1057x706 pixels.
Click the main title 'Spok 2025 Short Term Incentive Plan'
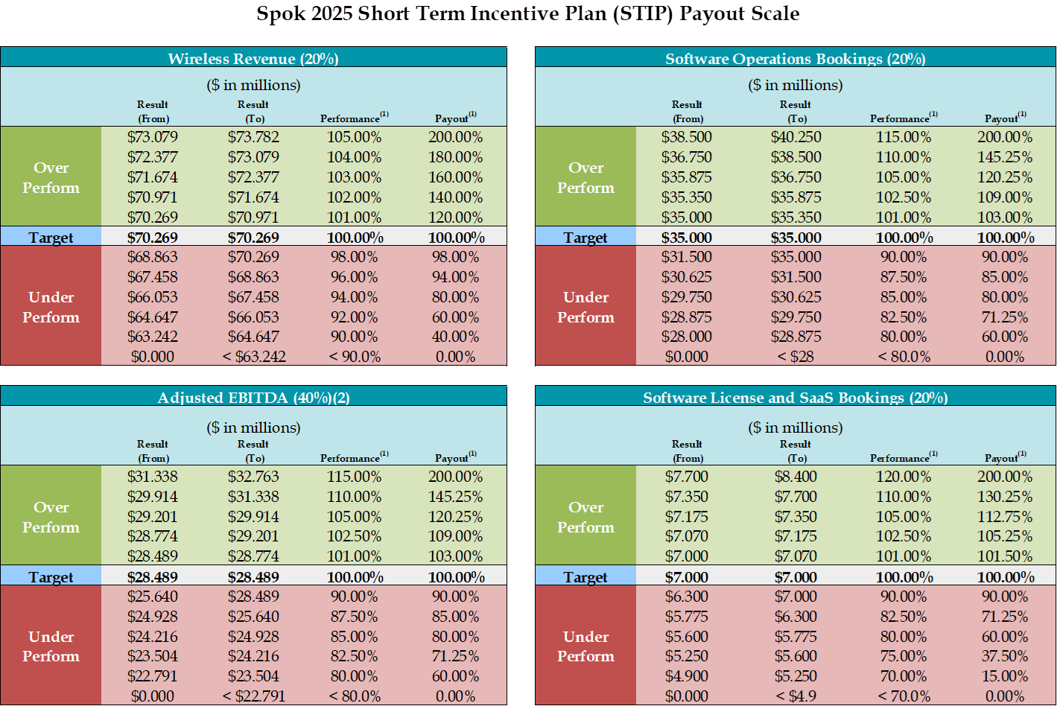pyautogui.click(x=528, y=14)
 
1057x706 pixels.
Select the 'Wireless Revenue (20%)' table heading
pyautogui.click(x=253, y=59)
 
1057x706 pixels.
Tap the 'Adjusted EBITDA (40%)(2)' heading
pyautogui.click(x=253, y=398)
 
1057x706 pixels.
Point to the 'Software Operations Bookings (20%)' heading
pyautogui.click(x=795, y=59)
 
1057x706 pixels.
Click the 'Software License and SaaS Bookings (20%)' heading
pyautogui.click(x=795, y=398)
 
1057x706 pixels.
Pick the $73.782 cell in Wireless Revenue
pyautogui.click(x=253, y=137)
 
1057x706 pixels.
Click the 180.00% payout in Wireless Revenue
pyautogui.click(x=455, y=157)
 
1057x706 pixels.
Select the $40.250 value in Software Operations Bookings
pyautogui.click(x=796, y=137)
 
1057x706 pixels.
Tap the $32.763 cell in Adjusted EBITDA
pyautogui.click(x=253, y=477)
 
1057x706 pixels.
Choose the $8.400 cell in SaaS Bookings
pyautogui.click(x=796, y=477)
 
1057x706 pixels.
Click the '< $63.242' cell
pyautogui.click(x=253, y=357)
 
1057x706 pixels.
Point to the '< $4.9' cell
pyautogui.click(x=796, y=696)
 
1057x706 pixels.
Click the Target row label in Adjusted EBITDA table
pyautogui.click(x=51, y=577)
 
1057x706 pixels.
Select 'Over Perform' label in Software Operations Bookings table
pyautogui.click(x=585, y=178)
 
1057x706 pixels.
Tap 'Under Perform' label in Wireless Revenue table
pyautogui.click(x=51, y=307)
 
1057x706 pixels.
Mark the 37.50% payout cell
pyautogui.click(x=1005, y=656)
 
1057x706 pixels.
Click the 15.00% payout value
pyautogui.click(x=1005, y=676)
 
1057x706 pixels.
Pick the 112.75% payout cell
pyautogui.click(x=1005, y=517)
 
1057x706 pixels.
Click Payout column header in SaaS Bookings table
pyautogui.click(x=1003, y=458)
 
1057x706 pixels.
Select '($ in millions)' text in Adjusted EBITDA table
pyautogui.click(x=253, y=427)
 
